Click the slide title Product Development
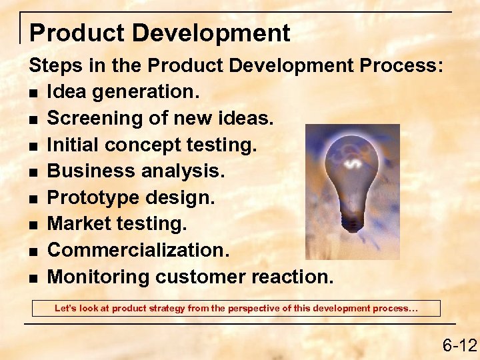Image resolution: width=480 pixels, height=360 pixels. pos(160,33)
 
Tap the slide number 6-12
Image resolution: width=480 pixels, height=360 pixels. pos(459,345)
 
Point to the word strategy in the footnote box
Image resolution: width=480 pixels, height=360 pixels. pos(175,309)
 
